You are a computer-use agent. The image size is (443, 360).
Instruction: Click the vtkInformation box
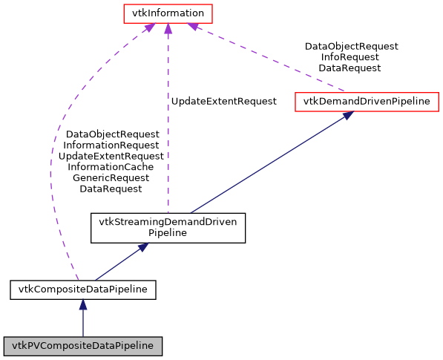pyautogui.click(x=168, y=13)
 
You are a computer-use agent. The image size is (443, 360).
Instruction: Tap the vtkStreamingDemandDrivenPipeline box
pyautogui.click(x=168, y=227)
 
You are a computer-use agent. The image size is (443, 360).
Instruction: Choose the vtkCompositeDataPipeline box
pyautogui.click(x=82, y=289)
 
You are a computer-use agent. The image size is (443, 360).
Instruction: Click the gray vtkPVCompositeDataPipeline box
pyautogui.click(x=82, y=345)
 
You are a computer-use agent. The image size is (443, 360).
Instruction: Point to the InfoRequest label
pyautogui.click(x=350, y=56)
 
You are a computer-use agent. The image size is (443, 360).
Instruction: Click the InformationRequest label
pyautogui.click(x=111, y=145)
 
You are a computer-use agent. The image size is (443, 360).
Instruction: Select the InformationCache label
pyautogui.click(x=111, y=167)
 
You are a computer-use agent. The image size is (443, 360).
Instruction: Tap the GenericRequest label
pyautogui.click(x=111, y=178)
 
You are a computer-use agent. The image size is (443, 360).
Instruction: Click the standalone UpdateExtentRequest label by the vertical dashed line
pyautogui.click(x=223, y=101)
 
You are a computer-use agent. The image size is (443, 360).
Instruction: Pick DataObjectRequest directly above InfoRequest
pyautogui.click(x=351, y=46)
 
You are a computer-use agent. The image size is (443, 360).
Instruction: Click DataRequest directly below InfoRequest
pyautogui.click(x=350, y=68)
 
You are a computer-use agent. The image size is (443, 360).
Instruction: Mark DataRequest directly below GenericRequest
pyautogui.click(x=111, y=189)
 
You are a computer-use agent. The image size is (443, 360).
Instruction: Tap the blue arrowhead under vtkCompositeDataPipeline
pyautogui.click(x=82, y=304)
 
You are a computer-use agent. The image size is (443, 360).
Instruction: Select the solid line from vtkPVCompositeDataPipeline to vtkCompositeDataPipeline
pyautogui.click(x=82, y=323)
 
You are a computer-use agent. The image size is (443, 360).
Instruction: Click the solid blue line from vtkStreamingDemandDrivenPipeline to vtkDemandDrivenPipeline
pyautogui.click(x=267, y=165)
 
